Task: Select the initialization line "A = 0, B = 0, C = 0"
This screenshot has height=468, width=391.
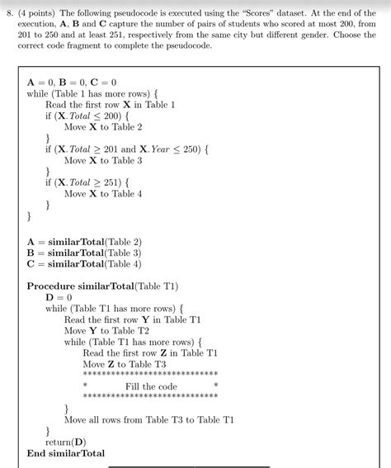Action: click(72, 83)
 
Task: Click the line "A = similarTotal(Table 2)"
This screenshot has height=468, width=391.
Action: click(90, 241)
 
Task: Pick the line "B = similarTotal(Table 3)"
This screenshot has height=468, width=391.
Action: click(90, 253)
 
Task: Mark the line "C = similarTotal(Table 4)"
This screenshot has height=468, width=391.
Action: click(90, 264)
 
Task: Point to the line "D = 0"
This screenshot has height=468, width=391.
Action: click(59, 297)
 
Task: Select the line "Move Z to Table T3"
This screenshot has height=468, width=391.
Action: click(125, 364)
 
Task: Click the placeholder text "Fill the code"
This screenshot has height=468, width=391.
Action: click(151, 386)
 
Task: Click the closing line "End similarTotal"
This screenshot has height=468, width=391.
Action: click(66, 453)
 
